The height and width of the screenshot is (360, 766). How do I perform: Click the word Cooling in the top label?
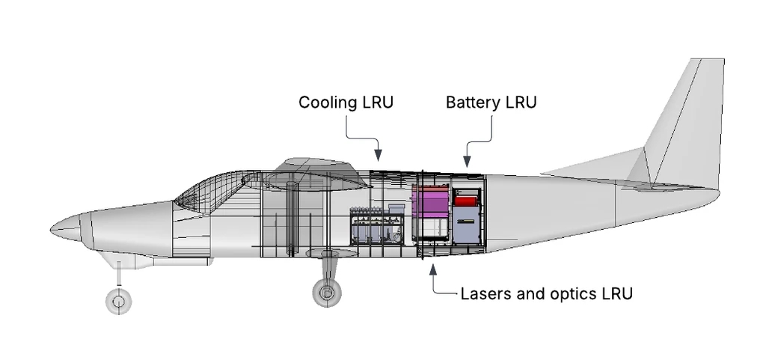[x=325, y=103]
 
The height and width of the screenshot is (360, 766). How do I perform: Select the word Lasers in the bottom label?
[x=485, y=293]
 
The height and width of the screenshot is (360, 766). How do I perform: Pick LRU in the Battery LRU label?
[x=521, y=103]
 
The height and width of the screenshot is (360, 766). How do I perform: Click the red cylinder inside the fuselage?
[x=466, y=200]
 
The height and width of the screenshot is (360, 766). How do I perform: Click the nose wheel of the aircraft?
[x=117, y=302]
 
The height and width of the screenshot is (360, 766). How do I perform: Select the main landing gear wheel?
[x=326, y=293]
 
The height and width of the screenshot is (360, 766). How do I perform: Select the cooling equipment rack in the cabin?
[x=376, y=226]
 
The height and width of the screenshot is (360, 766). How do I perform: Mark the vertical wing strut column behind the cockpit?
[x=292, y=217]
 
